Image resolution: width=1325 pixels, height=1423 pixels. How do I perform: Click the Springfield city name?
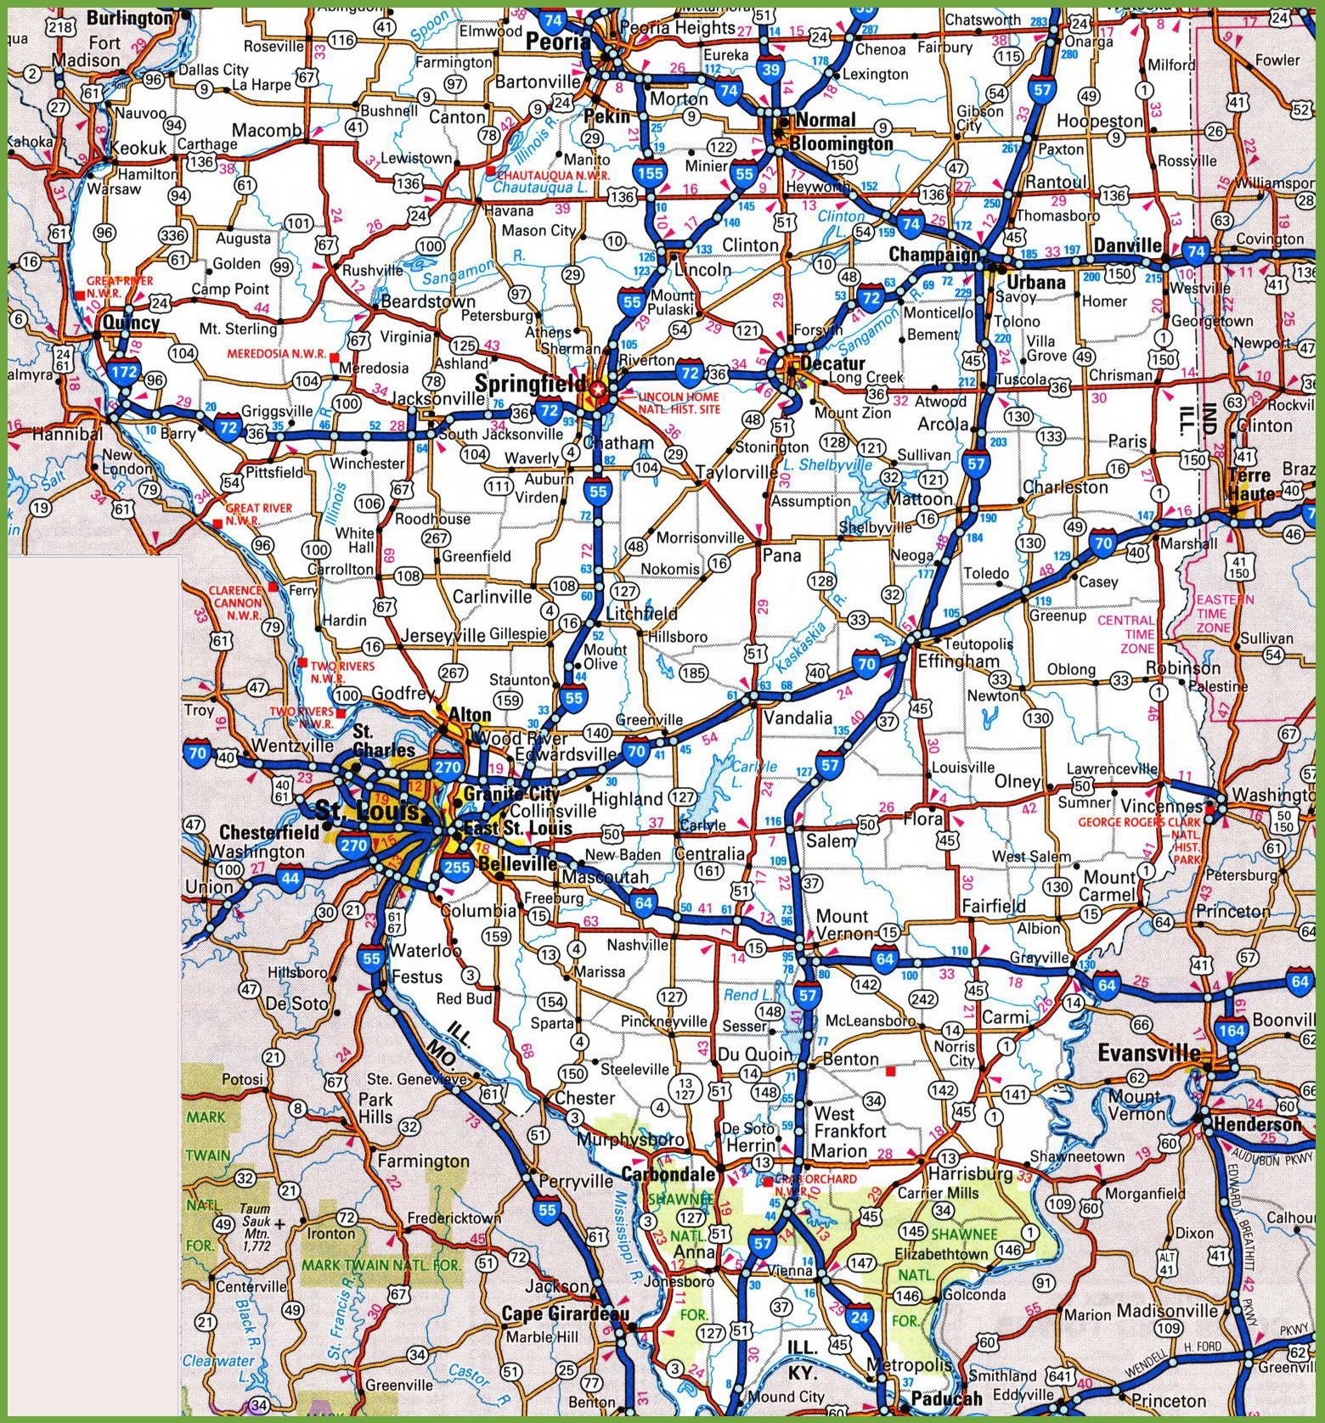click(x=529, y=385)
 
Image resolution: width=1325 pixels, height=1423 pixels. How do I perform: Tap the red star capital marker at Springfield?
click(x=600, y=390)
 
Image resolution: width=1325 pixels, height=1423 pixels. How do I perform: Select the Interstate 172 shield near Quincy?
click(x=124, y=371)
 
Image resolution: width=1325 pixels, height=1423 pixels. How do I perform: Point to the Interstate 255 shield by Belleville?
click(x=456, y=867)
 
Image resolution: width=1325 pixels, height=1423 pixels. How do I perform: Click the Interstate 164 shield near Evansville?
click(x=1232, y=1031)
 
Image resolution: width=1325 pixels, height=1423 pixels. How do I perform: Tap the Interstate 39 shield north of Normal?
click(x=770, y=70)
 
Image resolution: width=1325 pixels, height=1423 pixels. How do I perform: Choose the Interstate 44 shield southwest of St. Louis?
click(x=290, y=877)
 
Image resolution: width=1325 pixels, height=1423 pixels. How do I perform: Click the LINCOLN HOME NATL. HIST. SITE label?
click(x=679, y=402)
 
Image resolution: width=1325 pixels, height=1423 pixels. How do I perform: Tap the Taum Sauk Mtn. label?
click(x=255, y=1222)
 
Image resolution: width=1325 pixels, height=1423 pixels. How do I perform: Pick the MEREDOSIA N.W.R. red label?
click(x=276, y=354)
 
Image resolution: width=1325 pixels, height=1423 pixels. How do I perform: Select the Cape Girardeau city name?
click(x=565, y=1313)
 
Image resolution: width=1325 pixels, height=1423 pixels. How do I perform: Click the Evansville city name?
click(x=1148, y=1054)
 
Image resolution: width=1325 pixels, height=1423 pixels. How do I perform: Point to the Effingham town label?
click(x=959, y=661)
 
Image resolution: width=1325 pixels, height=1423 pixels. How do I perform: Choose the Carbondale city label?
click(x=668, y=1174)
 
